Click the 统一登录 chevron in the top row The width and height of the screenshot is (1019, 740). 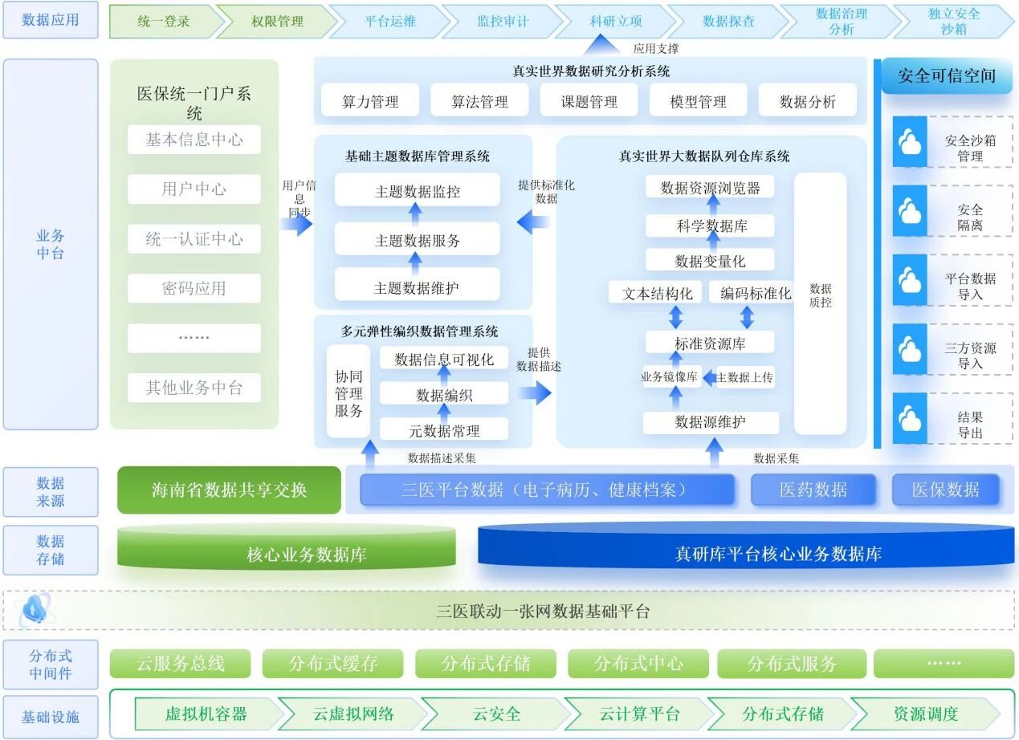[x=163, y=22]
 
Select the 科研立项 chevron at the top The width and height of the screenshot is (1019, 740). [x=616, y=22]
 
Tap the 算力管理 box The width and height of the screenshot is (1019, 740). [x=370, y=101]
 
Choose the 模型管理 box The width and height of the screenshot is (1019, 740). [x=698, y=101]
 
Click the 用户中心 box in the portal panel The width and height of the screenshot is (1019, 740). [x=194, y=189]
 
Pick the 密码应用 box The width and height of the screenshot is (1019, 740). [x=194, y=289]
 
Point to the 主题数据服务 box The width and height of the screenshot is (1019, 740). [x=417, y=240]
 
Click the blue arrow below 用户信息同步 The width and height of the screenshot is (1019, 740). [x=297, y=224]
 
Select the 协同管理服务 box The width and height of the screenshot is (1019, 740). [x=348, y=393]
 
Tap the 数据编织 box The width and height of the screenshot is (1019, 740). [x=444, y=394]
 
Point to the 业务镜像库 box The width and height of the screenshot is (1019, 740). [x=671, y=376]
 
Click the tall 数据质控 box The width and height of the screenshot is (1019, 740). [x=820, y=303]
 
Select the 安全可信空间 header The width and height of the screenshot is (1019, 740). [x=946, y=77]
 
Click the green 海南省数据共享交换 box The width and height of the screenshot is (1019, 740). [x=229, y=490]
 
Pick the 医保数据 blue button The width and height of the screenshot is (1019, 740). [x=945, y=490]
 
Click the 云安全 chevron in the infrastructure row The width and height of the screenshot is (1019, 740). [x=496, y=714]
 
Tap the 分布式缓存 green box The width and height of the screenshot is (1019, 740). [x=332, y=664]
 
